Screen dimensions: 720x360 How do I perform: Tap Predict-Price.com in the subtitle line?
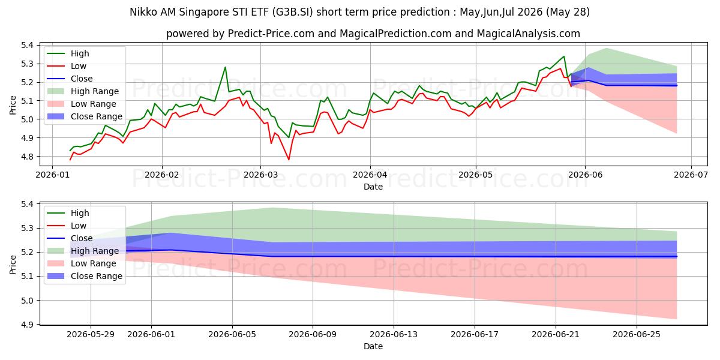(271, 34)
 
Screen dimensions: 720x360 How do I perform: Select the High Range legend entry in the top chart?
(84, 91)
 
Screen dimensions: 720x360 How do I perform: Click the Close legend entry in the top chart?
(70, 79)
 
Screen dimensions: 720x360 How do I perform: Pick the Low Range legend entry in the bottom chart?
(82, 263)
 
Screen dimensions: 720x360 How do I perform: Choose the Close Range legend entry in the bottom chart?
(85, 276)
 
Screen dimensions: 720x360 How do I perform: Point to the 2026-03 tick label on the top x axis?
(260, 175)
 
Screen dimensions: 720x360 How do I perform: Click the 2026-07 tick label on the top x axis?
(691, 175)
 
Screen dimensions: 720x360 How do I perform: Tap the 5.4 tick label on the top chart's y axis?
(27, 45)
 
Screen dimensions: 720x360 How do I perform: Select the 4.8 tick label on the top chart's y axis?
(27, 157)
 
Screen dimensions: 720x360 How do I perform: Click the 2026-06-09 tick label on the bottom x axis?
(313, 334)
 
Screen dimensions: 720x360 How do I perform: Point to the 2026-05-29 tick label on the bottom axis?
(91, 334)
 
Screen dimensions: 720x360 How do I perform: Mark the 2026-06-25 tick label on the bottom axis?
(637, 334)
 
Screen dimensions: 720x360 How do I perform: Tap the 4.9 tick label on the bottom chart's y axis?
(27, 325)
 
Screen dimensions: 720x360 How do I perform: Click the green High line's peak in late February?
(226, 67)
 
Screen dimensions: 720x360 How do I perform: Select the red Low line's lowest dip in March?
(289, 160)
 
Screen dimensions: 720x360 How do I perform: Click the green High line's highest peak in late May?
(564, 56)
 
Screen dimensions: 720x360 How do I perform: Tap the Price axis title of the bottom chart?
(13, 265)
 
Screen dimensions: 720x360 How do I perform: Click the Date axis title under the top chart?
(373, 187)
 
